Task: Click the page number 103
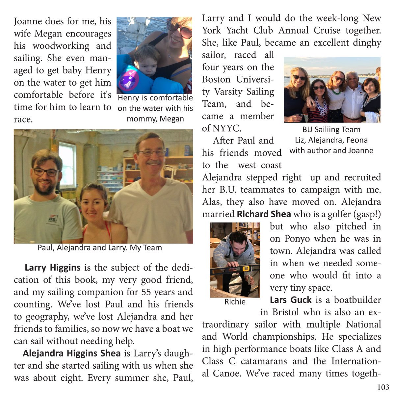[x=383, y=387]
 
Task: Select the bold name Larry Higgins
[x=52, y=267]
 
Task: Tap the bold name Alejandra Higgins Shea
[x=71, y=354]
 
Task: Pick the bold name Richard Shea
[x=264, y=214]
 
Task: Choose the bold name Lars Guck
[x=290, y=300]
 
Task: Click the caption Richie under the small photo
[x=235, y=302]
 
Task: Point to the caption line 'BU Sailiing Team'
[x=331, y=129]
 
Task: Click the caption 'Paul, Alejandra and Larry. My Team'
[x=100, y=248]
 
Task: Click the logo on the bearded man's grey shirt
[x=52, y=219]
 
